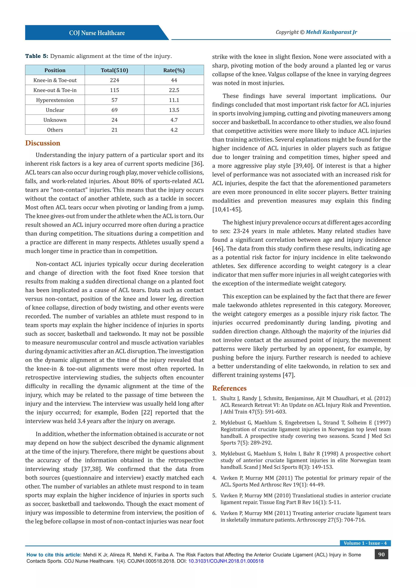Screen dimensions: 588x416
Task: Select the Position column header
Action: click(55, 70)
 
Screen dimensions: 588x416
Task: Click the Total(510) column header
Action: click(115, 70)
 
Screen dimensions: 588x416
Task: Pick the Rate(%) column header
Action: click(174, 70)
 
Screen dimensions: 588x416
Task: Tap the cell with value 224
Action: click(115, 80)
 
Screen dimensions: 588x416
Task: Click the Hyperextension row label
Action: click(55, 100)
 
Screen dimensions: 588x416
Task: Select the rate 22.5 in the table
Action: click(174, 90)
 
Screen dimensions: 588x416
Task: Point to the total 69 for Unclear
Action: click(115, 110)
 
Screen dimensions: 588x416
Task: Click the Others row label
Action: click(55, 130)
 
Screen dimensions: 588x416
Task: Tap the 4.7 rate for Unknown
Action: click(174, 120)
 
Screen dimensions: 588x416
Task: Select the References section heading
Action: click(229, 388)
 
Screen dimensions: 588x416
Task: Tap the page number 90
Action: click(381, 554)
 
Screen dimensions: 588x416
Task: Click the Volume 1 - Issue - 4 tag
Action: click(365, 543)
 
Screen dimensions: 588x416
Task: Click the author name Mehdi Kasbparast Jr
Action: click(331, 32)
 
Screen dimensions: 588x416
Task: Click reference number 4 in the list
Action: click(214, 478)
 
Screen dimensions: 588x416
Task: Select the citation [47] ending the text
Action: click(289, 375)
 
